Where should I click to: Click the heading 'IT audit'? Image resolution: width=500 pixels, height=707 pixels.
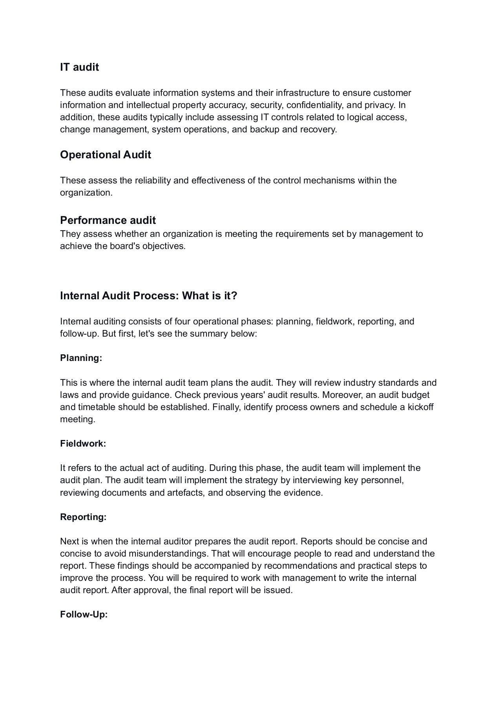(79, 67)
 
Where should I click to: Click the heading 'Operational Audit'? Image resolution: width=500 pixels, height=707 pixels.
(105, 155)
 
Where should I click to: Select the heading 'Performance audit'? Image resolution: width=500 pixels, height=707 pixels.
(108, 220)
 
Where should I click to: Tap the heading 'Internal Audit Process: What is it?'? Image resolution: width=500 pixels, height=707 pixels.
(148, 295)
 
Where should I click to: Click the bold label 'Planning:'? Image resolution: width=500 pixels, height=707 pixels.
(81, 358)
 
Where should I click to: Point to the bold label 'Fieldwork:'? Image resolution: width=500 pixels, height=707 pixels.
(83, 443)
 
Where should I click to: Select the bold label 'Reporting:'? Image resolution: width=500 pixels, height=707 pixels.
(83, 517)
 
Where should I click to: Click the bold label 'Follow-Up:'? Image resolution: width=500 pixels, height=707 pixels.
(84, 614)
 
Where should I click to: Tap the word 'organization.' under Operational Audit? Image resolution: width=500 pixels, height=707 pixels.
(86, 192)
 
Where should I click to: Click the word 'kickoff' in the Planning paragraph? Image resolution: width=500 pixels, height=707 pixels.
(420, 407)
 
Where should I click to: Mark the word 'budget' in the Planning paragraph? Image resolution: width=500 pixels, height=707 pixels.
(416, 395)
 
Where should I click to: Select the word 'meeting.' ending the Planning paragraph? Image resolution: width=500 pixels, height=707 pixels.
(77, 419)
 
